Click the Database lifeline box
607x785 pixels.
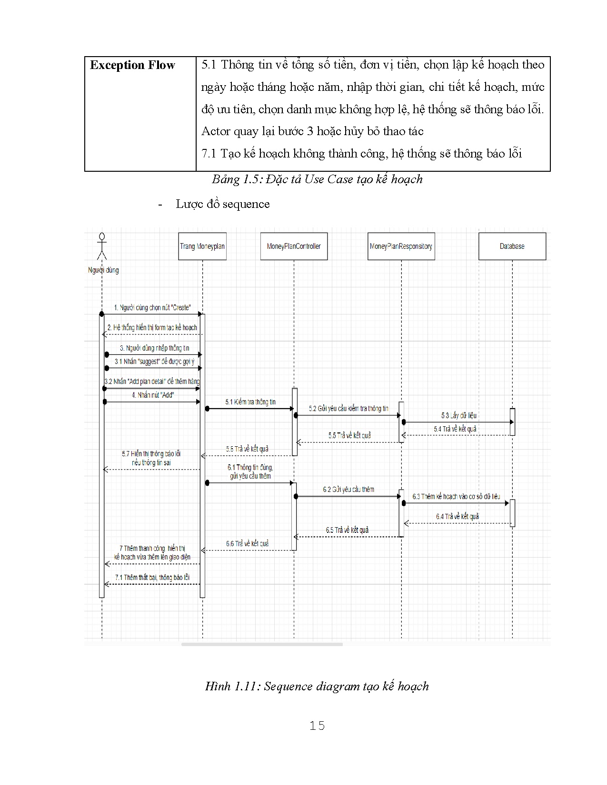512,246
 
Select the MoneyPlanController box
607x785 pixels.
294,246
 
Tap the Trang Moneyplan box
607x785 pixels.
202,246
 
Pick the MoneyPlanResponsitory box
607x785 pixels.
401,246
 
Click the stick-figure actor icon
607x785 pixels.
101,246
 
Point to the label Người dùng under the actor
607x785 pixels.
103,270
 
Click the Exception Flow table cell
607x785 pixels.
133,65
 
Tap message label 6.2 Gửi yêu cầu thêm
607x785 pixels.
348,489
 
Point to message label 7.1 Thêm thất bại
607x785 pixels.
152,577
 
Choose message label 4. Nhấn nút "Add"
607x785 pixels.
152,395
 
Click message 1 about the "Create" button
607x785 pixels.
152,308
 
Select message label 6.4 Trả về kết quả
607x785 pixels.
457,516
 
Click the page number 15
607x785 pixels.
317,726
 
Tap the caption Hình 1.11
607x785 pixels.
317,686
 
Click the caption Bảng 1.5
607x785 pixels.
317,179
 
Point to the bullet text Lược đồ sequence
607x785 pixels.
222,204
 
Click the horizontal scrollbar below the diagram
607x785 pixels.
262,644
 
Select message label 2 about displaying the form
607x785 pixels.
152,328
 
